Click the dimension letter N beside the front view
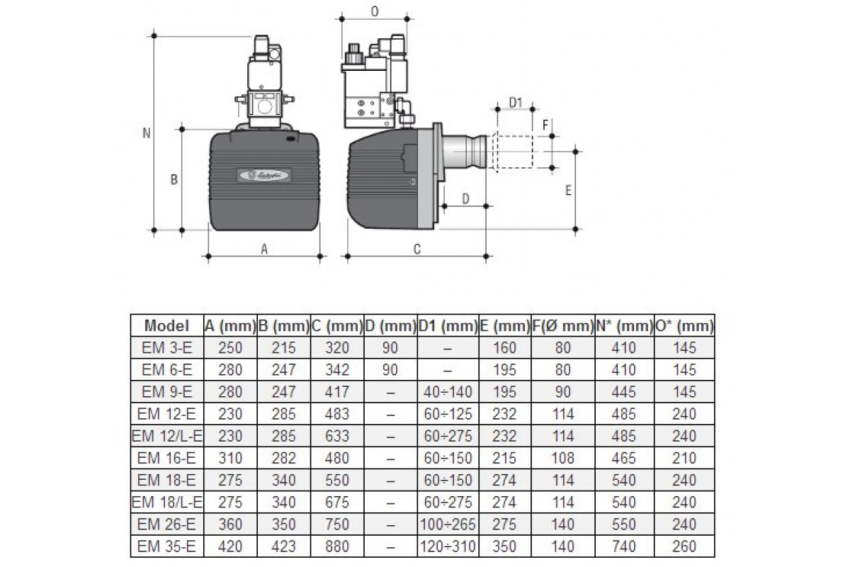(147, 133)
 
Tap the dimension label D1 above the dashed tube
(516, 103)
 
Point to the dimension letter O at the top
(375, 12)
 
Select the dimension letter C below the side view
(417, 249)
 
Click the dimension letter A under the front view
(264, 249)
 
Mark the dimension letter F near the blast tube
(545, 125)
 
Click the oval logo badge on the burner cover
(264, 176)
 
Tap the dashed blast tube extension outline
(513, 152)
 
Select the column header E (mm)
(504, 326)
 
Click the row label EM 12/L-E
(167, 436)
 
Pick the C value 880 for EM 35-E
(337, 546)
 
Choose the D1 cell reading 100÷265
(448, 524)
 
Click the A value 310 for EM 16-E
(230, 458)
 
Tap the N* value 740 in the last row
(624, 546)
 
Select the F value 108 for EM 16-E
(562, 458)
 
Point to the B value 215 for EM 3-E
(283, 348)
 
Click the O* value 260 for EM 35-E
(684, 546)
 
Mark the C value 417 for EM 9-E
(337, 392)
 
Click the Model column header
(166, 326)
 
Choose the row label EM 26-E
(166, 524)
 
